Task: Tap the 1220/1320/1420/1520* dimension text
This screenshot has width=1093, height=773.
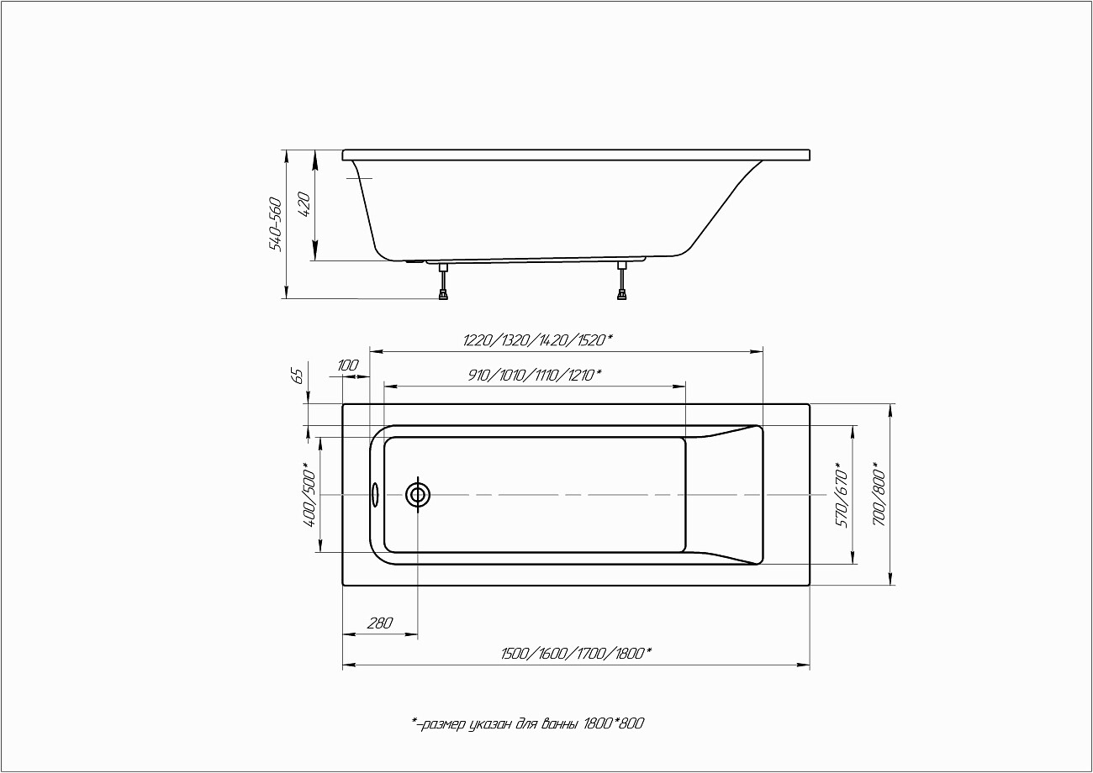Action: (x=538, y=340)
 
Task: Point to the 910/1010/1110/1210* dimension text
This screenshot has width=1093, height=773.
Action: (x=535, y=375)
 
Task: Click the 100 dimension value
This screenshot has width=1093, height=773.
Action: (x=348, y=365)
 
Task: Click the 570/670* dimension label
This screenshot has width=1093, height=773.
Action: (x=841, y=496)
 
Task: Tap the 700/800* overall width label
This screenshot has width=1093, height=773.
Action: (x=879, y=494)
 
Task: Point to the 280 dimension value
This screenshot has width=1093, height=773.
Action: (x=380, y=623)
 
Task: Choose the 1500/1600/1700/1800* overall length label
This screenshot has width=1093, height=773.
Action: (x=576, y=654)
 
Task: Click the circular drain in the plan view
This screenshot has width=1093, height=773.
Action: (x=418, y=495)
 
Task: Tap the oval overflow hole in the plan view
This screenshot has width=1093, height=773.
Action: (x=375, y=495)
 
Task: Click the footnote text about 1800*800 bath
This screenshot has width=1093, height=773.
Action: (x=528, y=723)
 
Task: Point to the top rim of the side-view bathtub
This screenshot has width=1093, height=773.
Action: (x=576, y=155)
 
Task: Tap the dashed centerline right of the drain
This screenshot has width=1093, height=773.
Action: (x=589, y=495)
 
